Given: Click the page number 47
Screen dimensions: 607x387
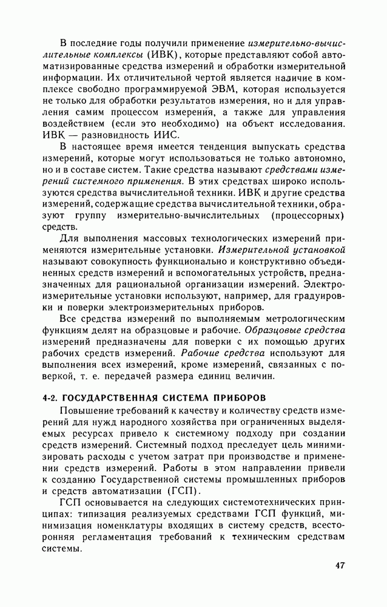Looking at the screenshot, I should (339, 566).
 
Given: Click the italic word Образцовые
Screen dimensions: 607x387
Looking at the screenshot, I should (271, 330).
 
